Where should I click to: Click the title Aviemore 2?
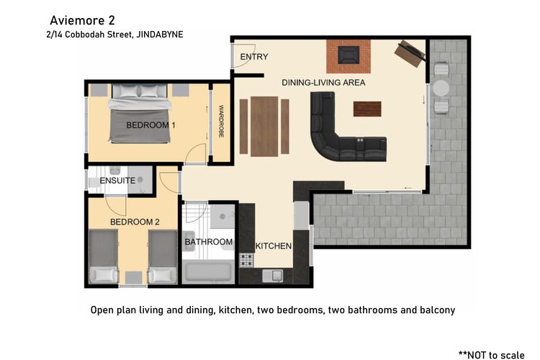click(82, 20)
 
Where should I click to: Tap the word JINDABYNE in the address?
click(160, 35)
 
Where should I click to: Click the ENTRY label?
click(254, 56)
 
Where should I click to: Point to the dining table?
click(264, 127)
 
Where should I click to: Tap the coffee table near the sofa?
click(367, 109)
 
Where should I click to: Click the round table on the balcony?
click(441, 88)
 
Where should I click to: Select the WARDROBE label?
click(221, 121)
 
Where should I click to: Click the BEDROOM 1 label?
click(150, 125)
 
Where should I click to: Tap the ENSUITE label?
click(117, 181)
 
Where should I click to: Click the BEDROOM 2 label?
click(135, 222)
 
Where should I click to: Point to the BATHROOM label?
click(208, 242)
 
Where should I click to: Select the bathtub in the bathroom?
click(208, 271)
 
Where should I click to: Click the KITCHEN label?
click(274, 246)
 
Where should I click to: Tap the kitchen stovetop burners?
click(246, 260)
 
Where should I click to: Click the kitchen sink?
click(273, 276)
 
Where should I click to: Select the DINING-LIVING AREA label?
click(323, 83)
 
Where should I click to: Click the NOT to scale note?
click(492, 355)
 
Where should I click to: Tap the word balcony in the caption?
click(437, 310)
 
